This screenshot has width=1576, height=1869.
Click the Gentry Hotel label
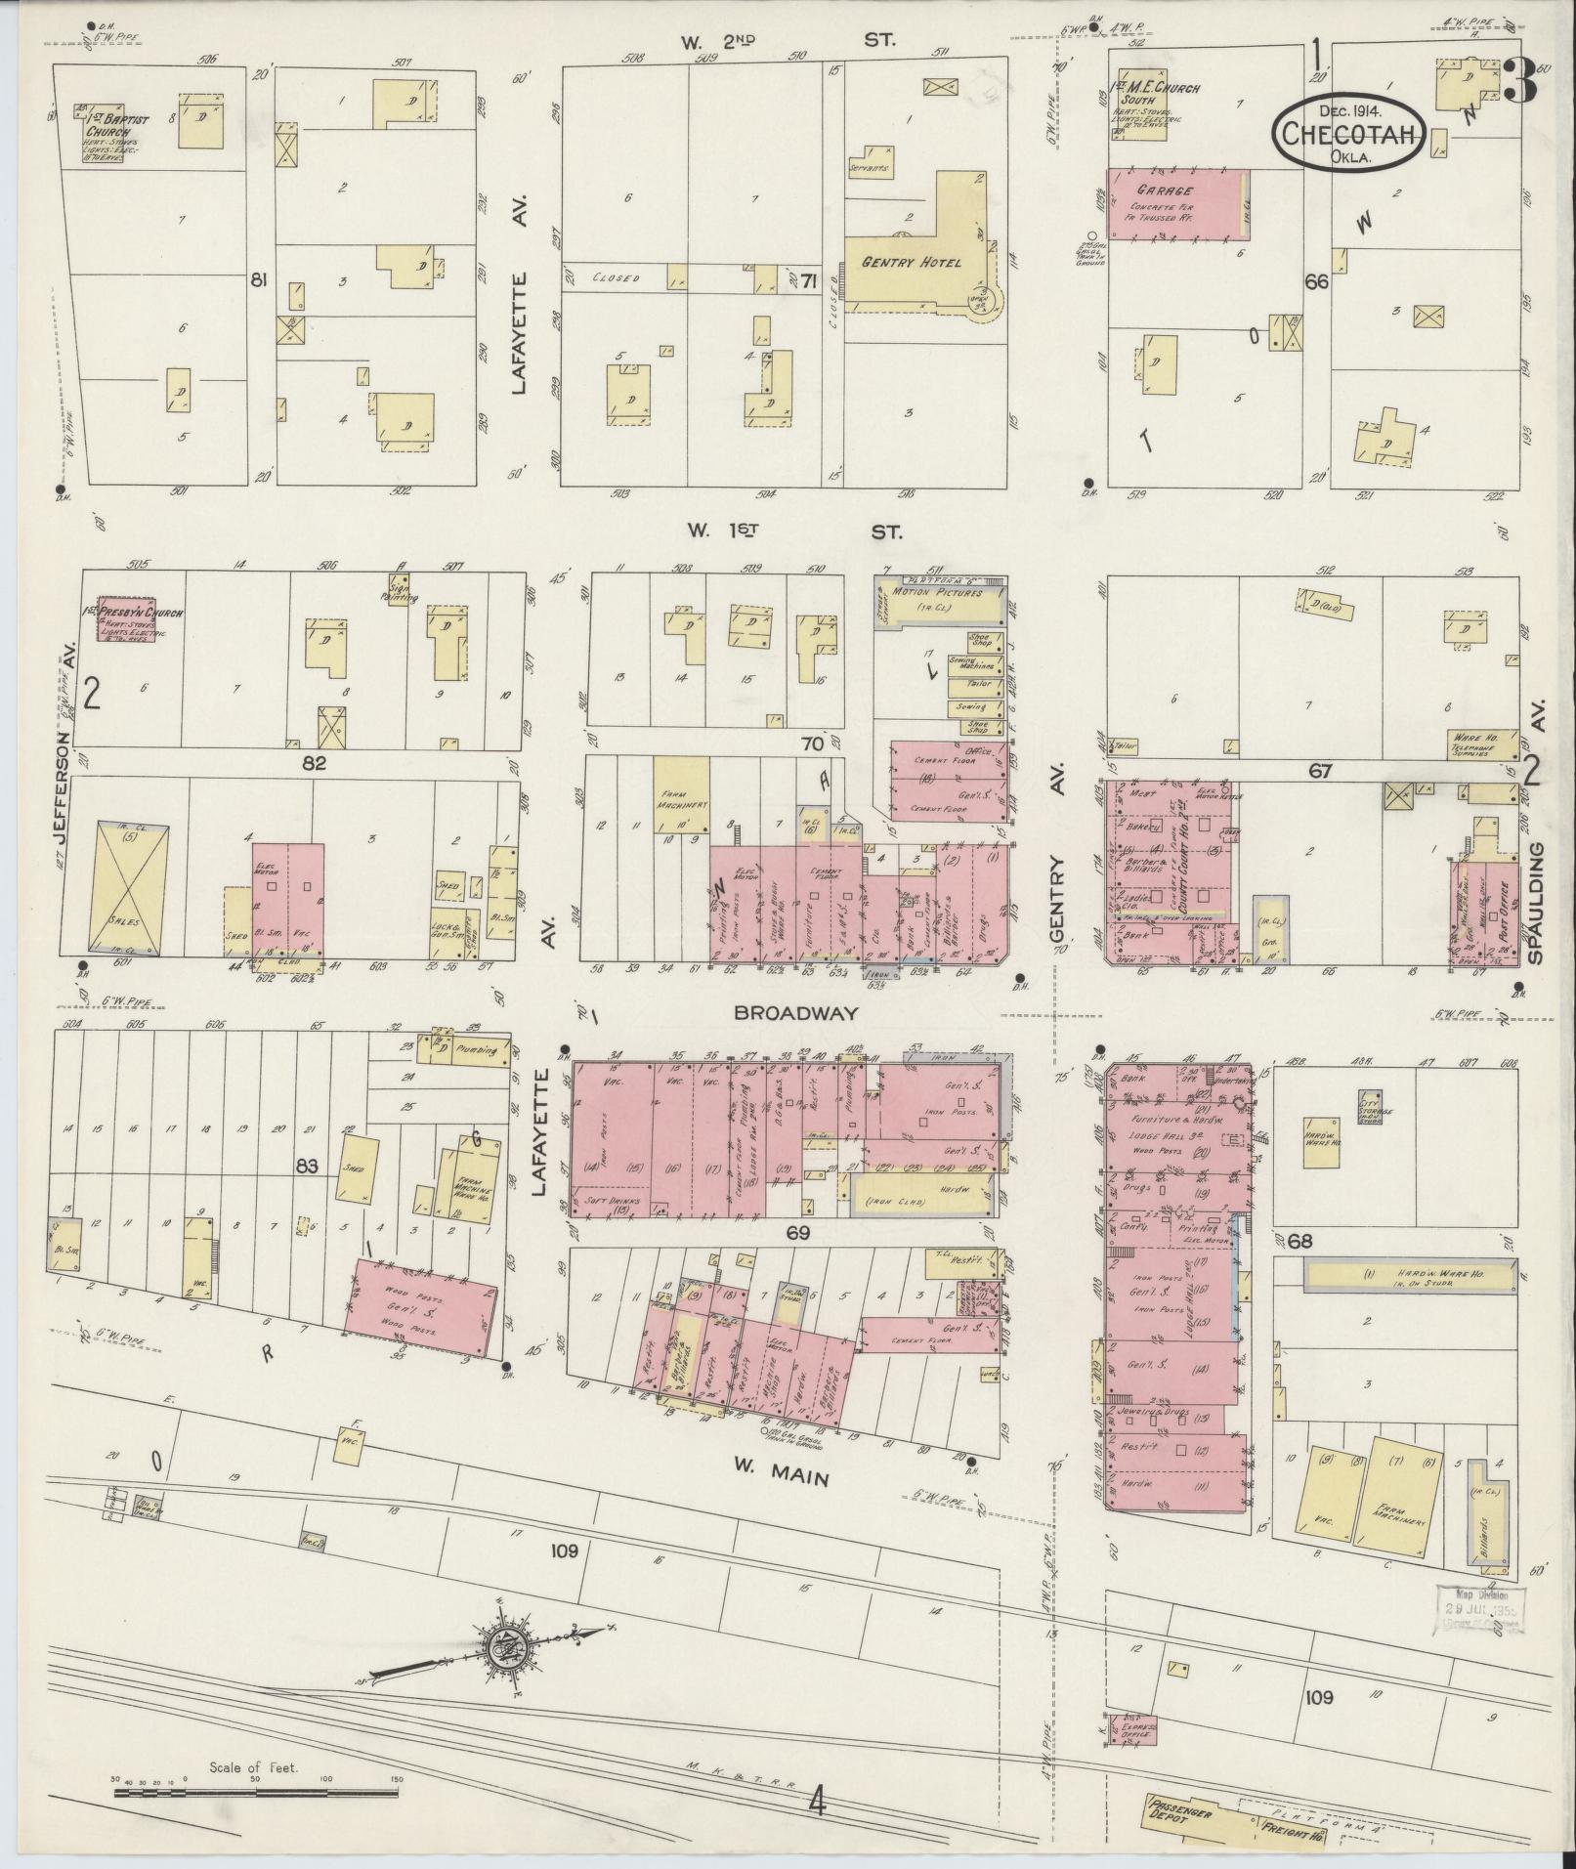point(911,262)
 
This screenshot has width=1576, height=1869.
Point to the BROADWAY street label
point(796,1013)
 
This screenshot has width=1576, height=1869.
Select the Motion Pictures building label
point(937,595)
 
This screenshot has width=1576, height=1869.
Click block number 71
point(808,282)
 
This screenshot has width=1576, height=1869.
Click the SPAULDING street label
point(1538,903)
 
